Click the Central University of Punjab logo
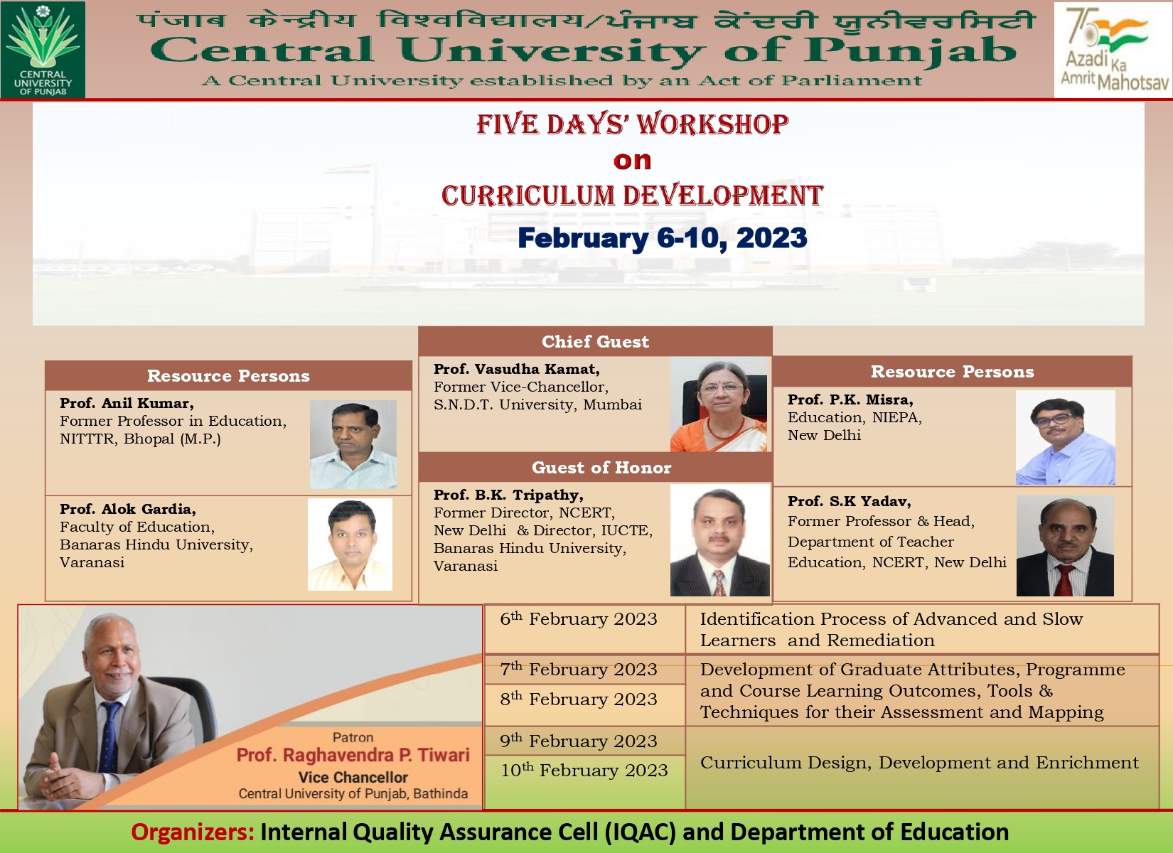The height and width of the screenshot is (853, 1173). click(43, 50)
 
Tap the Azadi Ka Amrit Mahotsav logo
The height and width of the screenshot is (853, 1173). click(1113, 50)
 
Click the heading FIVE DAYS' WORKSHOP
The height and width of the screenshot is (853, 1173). click(632, 124)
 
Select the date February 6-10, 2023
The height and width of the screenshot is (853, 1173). click(663, 238)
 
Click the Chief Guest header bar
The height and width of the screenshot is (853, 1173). click(596, 341)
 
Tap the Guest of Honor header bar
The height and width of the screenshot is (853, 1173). click(596, 467)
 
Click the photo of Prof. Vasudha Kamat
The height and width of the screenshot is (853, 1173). click(719, 404)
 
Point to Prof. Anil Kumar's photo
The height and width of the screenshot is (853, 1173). click(353, 444)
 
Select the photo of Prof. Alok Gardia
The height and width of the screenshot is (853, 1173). click(350, 544)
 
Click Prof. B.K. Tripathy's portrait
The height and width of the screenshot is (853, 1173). click(719, 540)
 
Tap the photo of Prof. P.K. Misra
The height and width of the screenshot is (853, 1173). click(1065, 437)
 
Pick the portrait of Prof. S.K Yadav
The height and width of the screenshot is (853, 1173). click(1065, 546)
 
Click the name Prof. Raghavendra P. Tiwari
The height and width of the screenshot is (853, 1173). click(353, 755)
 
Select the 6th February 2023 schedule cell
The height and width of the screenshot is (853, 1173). click(585, 629)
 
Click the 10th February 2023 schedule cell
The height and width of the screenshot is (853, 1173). click(585, 781)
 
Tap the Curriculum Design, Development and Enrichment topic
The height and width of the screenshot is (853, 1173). click(919, 763)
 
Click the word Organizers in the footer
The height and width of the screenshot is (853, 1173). click(193, 832)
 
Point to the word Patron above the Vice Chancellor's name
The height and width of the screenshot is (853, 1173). click(353, 737)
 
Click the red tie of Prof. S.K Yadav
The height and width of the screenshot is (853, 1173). click(1065, 579)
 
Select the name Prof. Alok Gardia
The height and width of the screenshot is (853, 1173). click(128, 509)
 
